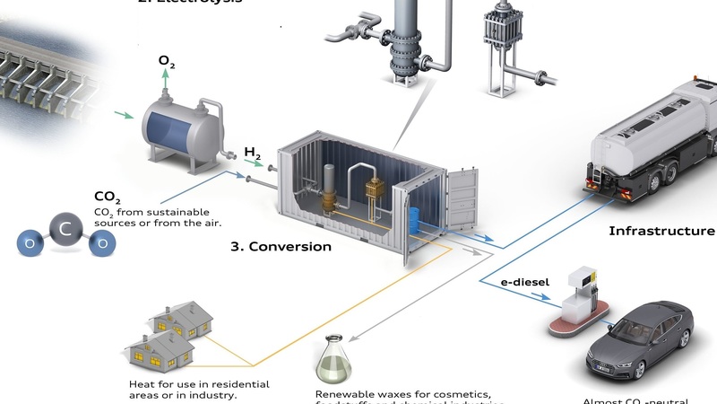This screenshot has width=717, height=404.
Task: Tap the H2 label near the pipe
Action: pyautogui.click(x=253, y=154)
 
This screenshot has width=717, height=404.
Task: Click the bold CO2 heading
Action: pyautogui.click(x=108, y=197)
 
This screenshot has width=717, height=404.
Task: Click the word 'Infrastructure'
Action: pyautogui.click(x=661, y=231)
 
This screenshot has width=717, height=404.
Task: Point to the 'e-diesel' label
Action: pyautogui.click(x=524, y=281)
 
